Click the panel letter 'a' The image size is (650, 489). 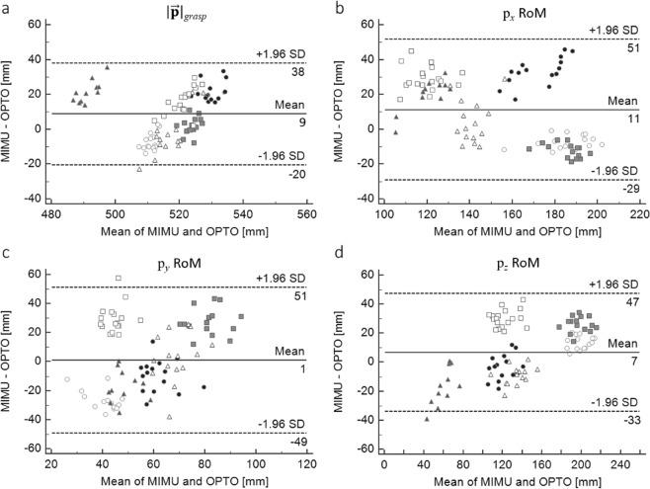pyautogui.click(x=6, y=7)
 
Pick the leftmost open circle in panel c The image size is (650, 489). pyautogui.click(x=67, y=379)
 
